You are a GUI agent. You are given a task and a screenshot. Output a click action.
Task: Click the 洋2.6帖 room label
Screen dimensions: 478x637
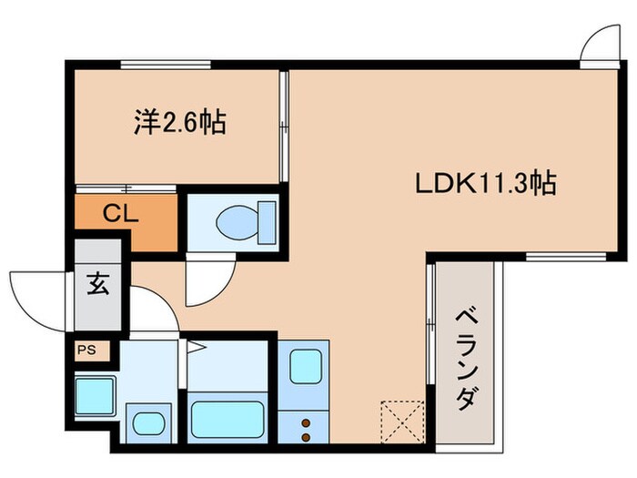pyautogui.click(x=181, y=122)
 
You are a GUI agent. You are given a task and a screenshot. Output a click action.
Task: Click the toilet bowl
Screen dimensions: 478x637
pyautogui.click(x=242, y=219)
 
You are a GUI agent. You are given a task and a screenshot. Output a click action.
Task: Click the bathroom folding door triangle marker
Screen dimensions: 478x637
pyautogui.click(x=193, y=346)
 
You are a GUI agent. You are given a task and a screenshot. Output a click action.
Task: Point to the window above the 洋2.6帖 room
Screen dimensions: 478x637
pyautogui.click(x=167, y=63)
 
